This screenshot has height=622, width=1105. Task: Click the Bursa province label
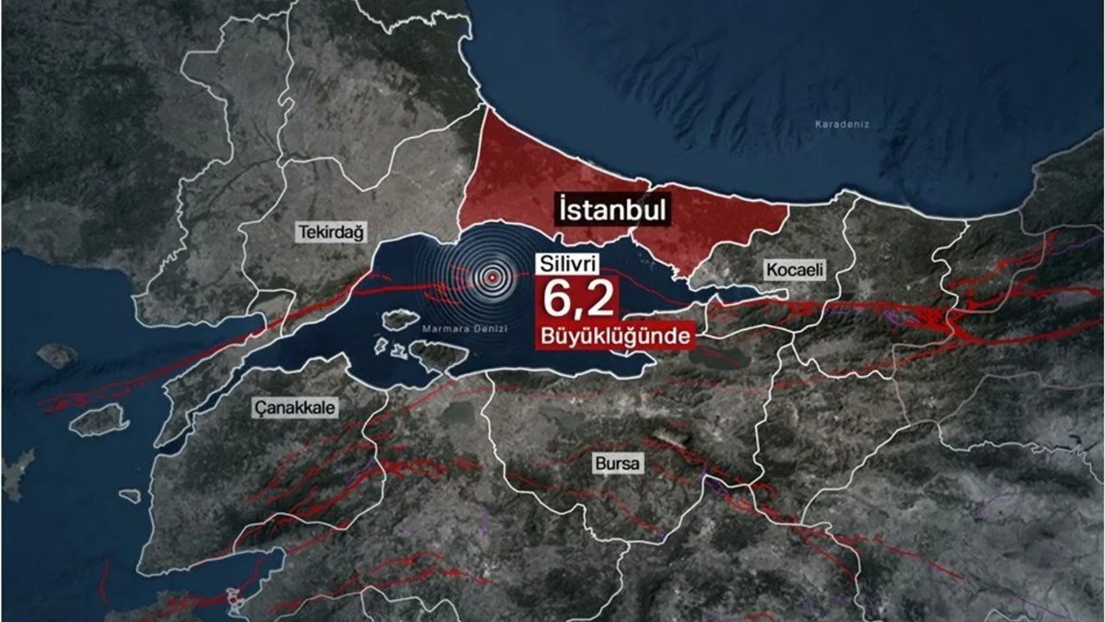click(x=617, y=464)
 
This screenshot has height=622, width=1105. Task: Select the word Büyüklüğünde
click(x=612, y=337)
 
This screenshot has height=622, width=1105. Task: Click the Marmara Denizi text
click(x=461, y=329)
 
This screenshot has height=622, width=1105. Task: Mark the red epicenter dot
click(x=494, y=275)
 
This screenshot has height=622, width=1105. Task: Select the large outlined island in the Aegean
click(x=99, y=420)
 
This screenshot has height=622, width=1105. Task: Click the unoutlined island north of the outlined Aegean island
click(x=57, y=355)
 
